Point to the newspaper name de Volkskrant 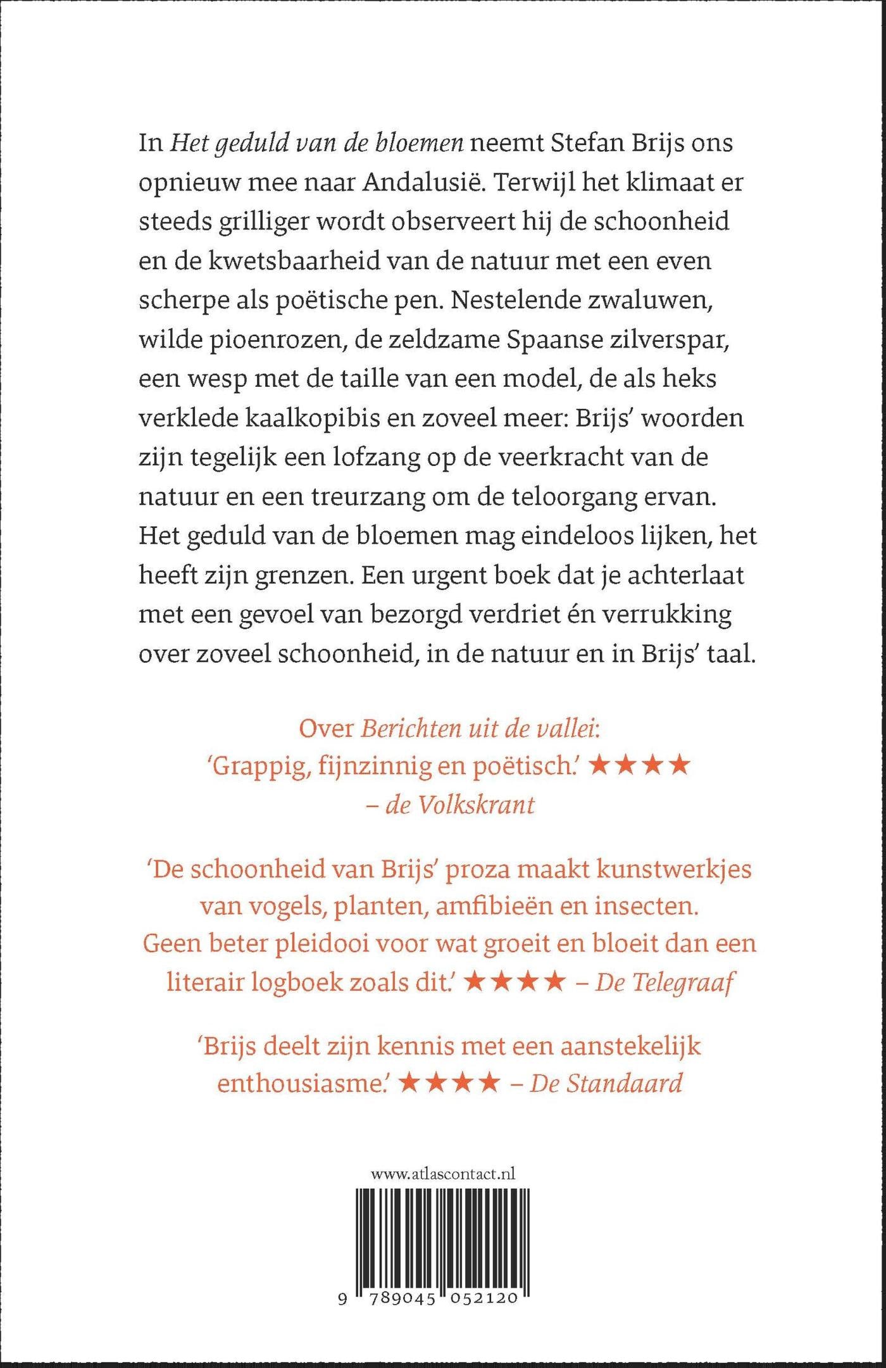tap(461, 805)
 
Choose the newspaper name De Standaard tap(606, 1083)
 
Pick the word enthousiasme tap(307, 1083)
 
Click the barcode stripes tap(443, 1241)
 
